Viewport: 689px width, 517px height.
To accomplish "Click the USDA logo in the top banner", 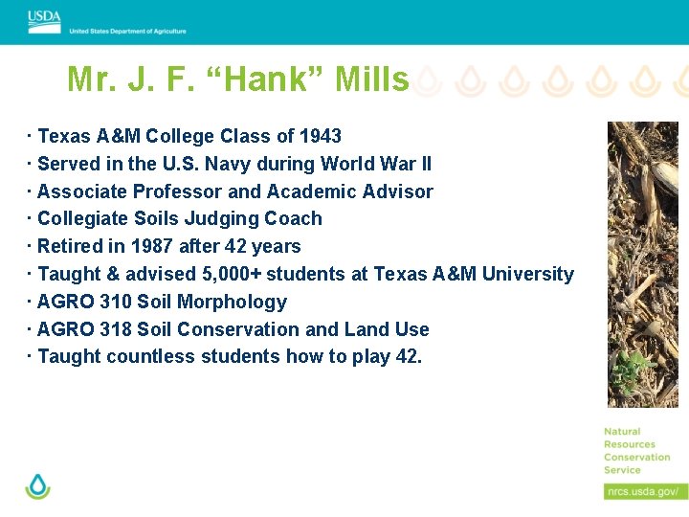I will [44, 21].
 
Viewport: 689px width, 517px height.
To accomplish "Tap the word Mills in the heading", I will [371, 79].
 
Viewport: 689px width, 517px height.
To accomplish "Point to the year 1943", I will [320, 136].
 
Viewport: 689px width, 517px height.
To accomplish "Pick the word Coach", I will [295, 219].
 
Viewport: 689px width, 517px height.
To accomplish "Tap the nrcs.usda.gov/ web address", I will [645, 491].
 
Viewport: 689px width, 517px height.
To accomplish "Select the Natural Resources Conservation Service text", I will [636, 451].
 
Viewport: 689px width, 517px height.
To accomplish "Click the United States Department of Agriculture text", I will [127, 32].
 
